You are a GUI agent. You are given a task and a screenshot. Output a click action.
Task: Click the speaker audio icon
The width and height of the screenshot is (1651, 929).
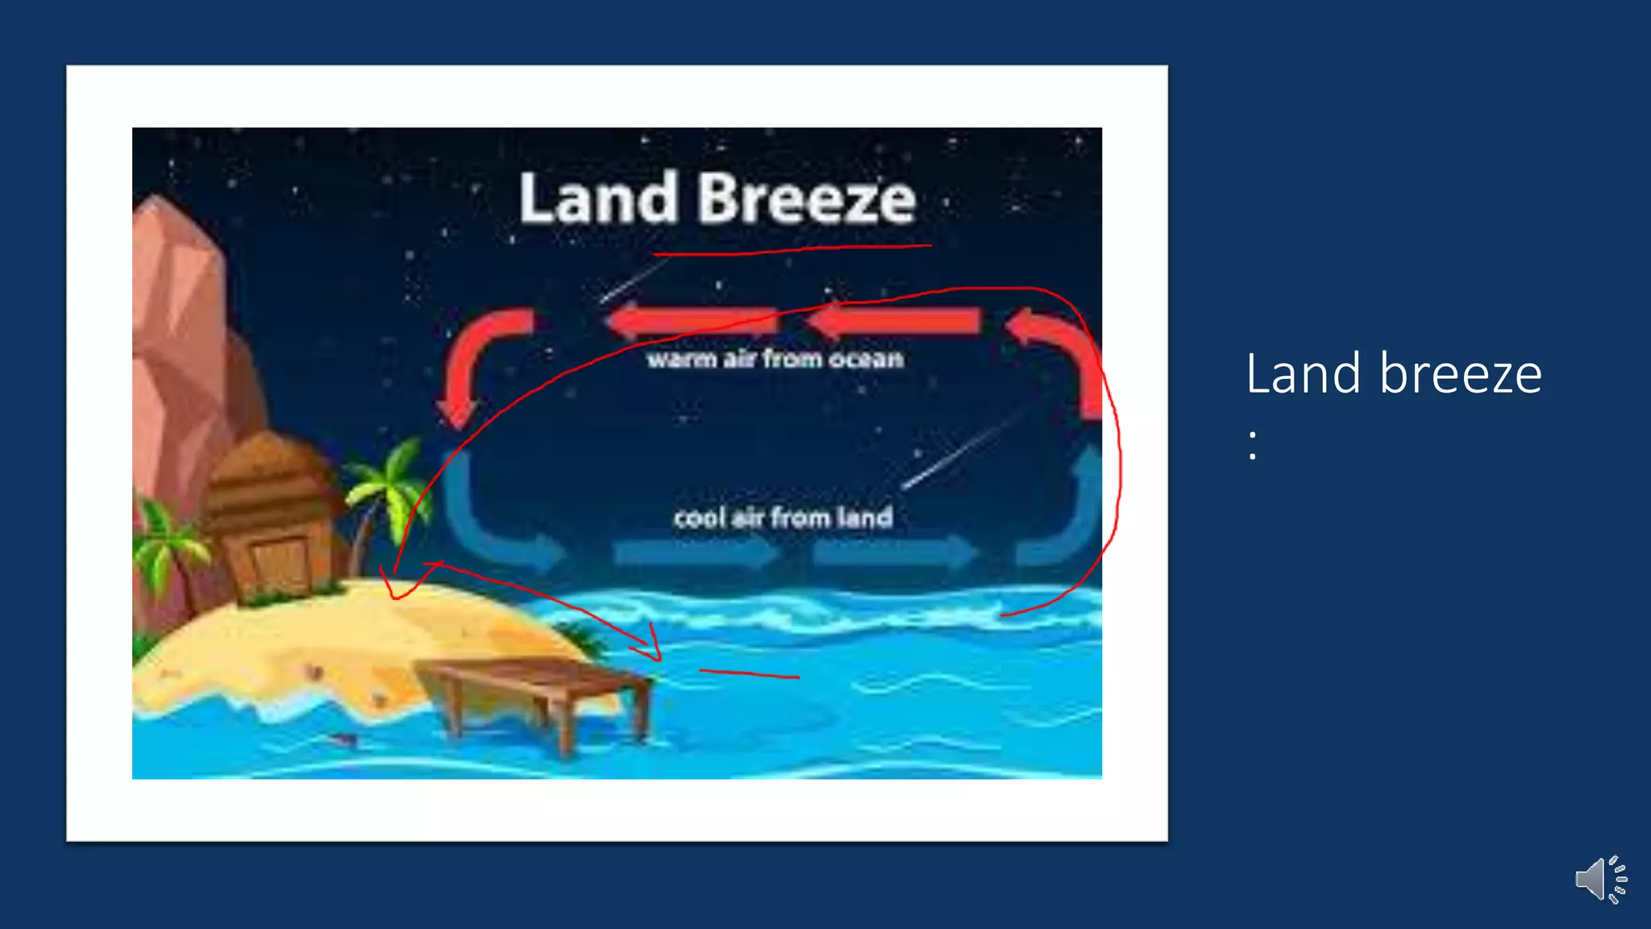coord(1600,879)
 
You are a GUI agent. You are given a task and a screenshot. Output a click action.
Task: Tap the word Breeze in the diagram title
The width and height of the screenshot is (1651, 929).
coord(807,198)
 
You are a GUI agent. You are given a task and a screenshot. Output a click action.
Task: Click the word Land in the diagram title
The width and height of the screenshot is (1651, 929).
coord(598,198)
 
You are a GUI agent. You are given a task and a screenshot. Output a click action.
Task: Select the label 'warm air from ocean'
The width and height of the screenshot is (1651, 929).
coord(775,359)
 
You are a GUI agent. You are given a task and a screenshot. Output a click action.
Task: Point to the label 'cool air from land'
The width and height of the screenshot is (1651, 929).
coord(783,517)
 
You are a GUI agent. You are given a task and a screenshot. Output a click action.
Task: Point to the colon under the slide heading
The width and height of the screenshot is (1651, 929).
coord(1252,446)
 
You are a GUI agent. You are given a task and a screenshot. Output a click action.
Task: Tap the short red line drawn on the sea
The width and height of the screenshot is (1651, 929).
coord(750,673)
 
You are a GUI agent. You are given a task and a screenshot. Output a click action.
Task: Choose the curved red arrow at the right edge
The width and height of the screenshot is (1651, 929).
coord(1060,355)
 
